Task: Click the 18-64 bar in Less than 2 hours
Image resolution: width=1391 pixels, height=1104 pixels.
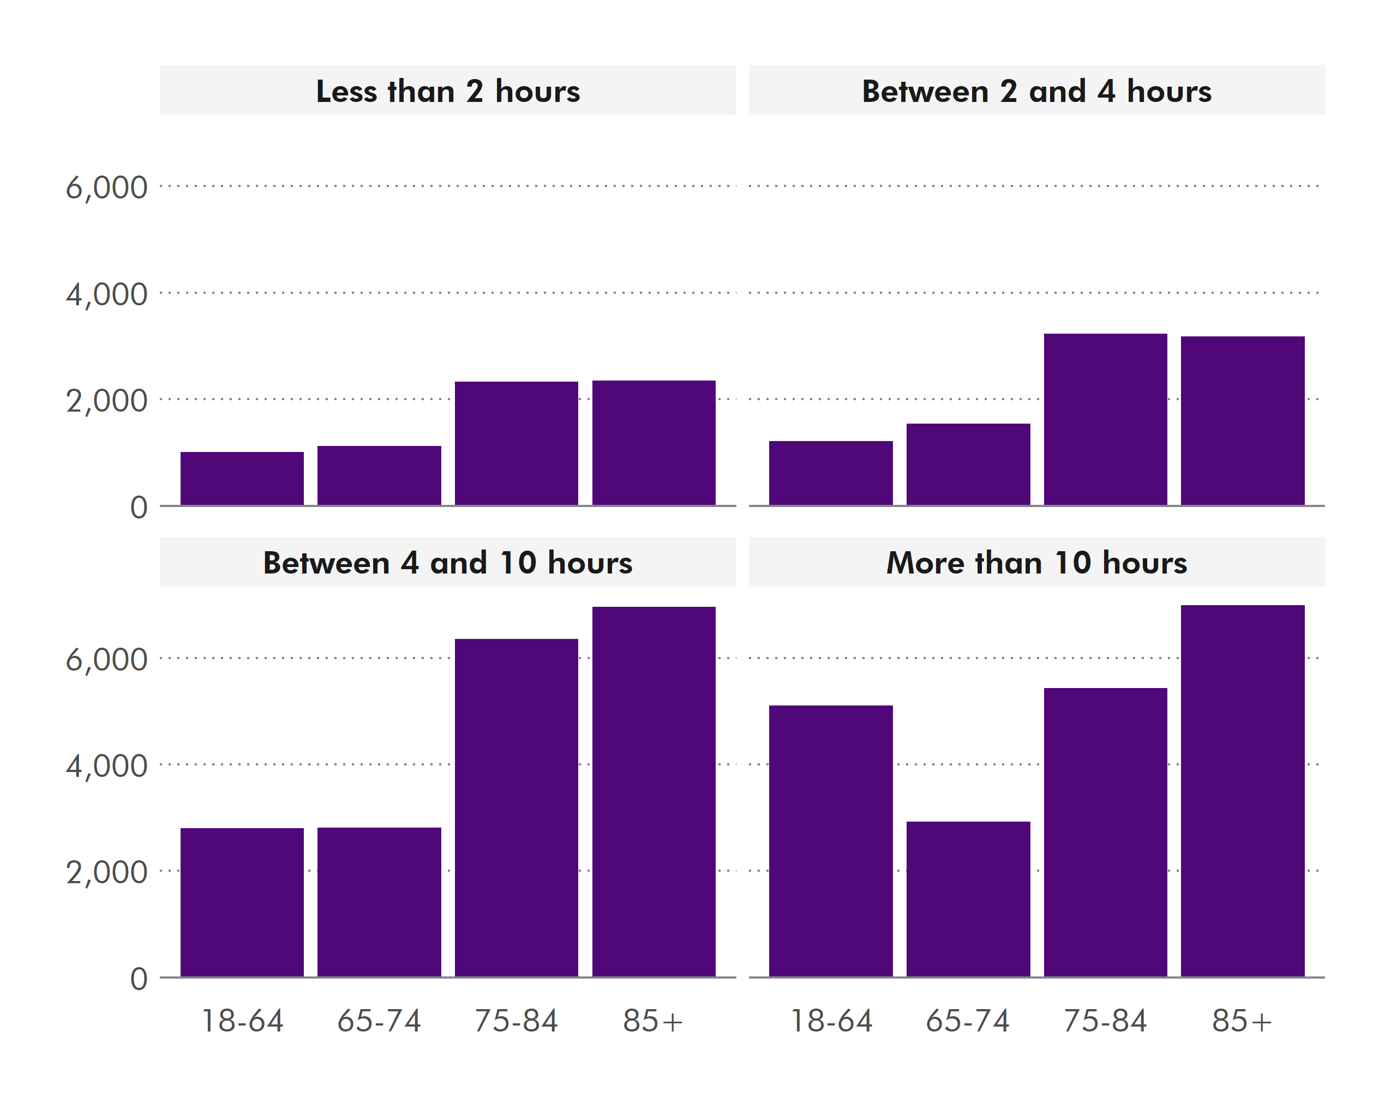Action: pyautogui.click(x=242, y=479)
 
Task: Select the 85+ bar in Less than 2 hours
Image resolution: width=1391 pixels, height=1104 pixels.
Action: pyautogui.click(x=653, y=443)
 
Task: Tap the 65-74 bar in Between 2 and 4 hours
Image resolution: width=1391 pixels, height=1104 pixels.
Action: pyautogui.click(x=968, y=464)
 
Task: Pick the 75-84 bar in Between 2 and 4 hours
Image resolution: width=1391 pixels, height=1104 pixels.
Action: pyautogui.click(x=1105, y=419)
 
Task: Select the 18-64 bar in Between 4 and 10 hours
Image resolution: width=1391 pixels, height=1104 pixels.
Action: pyautogui.click(x=242, y=902)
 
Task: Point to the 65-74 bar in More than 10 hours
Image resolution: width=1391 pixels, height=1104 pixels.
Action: pyautogui.click(x=968, y=899)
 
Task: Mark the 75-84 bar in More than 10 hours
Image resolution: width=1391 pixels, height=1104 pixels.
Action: pyautogui.click(x=1105, y=832)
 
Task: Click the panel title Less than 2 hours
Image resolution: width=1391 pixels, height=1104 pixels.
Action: pyautogui.click(x=448, y=91)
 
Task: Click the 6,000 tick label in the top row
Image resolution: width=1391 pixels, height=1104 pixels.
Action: pyautogui.click(x=106, y=188)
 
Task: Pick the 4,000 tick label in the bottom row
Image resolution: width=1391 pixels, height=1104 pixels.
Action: pyautogui.click(x=106, y=766)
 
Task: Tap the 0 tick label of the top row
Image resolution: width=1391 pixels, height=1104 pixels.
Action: pyautogui.click(x=139, y=508)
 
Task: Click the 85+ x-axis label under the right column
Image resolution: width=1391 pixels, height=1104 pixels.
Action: pyautogui.click(x=1242, y=1021)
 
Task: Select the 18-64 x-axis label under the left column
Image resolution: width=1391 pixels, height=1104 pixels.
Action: pyautogui.click(x=242, y=1021)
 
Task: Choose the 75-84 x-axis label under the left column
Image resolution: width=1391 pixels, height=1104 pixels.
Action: pyautogui.click(x=516, y=1021)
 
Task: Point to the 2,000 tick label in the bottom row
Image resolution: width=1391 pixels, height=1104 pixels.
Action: pyautogui.click(x=106, y=872)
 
